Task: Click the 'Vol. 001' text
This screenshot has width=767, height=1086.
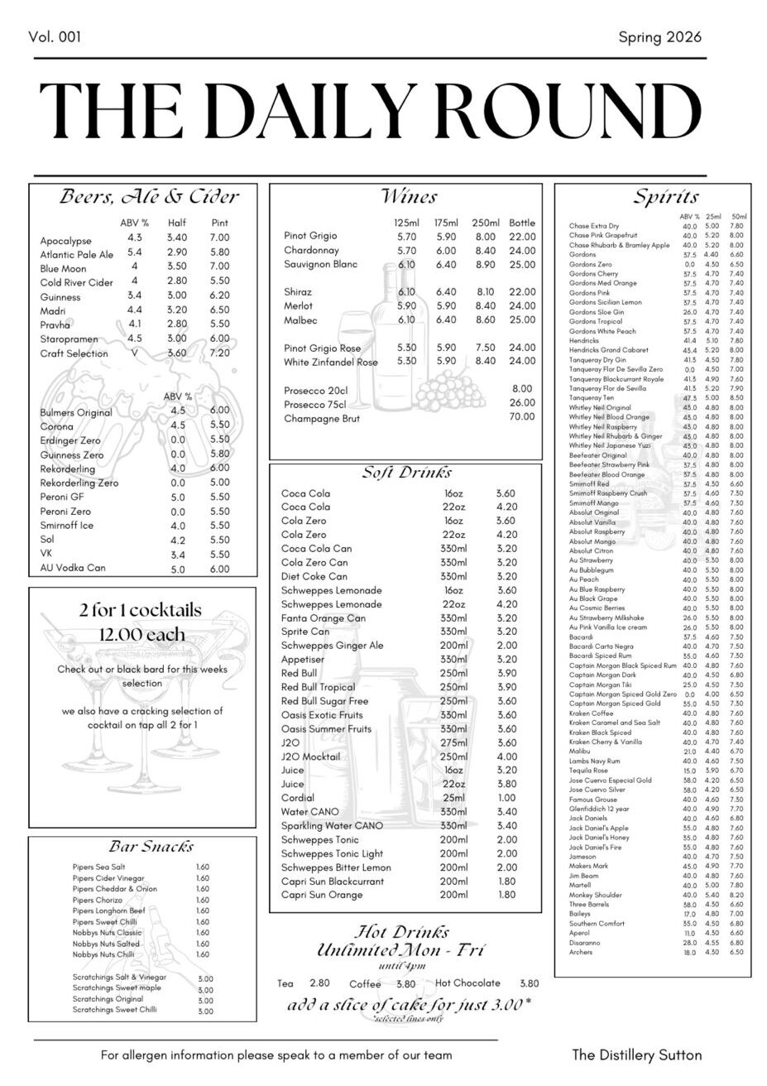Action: pyautogui.click(x=55, y=37)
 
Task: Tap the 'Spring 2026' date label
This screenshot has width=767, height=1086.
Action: pyautogui.click(x=659, y=37)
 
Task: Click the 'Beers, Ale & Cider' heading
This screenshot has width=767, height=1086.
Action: pyautogui.click(x=149, y=197)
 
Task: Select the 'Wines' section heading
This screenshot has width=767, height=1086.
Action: pyautogui.click(x=409, y=197)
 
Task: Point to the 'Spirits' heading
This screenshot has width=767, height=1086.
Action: pyautogui.click(x=666, y=197)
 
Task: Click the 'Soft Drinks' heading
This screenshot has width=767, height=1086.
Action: pyautogui.click(x=407, y=473)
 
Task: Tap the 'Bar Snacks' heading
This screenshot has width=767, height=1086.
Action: pyautogui.click(x=151, y=847)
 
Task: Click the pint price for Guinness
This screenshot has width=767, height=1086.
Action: pyautogui.click(x=219, y=296)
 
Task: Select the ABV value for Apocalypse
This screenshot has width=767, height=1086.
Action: pyautogui.click(x=135, y=238)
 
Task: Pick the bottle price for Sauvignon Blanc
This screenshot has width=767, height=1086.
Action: pyautogui.click(x=522, y=265)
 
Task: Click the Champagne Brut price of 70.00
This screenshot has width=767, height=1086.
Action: pyautogui.click(x=522, y=417)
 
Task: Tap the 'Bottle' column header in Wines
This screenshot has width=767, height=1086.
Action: pyautogui.click(x=522, y=223)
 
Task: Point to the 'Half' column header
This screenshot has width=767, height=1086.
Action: pyautogui.click(x=177, y=223)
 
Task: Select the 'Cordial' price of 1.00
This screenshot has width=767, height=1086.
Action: pyautogui.click(x=506, y=798)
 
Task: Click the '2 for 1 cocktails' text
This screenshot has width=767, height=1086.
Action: pyautogui.click(x=141, y=611)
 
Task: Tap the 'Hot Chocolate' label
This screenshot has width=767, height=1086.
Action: pyautogui.click(x=467, y=983)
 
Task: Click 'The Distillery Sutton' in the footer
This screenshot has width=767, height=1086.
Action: pyautogui.click(x=636, y=1055)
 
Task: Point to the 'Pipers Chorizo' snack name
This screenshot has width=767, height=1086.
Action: pyautogui.click(x=97, y=900)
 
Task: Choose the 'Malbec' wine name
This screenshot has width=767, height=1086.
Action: pyautogui.click(x=300, y=320)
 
